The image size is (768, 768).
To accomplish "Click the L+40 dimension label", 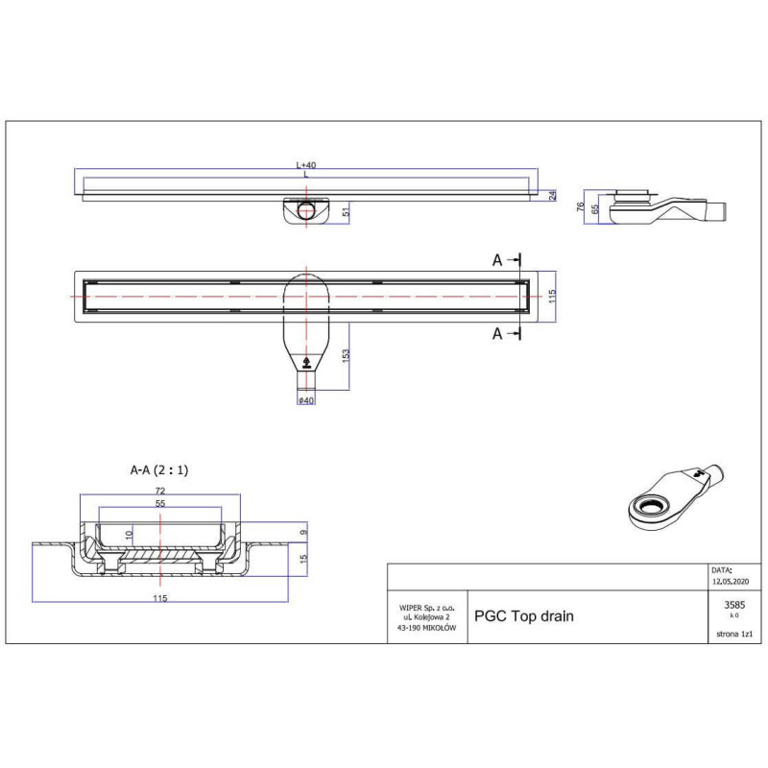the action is (306, 165).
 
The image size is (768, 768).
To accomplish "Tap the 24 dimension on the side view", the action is (553, 196).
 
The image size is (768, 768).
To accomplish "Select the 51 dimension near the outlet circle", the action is (347, 212).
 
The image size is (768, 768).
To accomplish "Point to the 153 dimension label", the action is (346, 355).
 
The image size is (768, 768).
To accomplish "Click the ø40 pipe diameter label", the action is (306, 400).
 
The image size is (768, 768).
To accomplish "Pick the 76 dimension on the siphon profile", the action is (581, 205).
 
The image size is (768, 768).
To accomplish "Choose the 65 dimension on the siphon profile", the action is (595, 209).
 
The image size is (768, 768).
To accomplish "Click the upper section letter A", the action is (497, 260).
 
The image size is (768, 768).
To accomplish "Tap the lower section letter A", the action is (497, 333).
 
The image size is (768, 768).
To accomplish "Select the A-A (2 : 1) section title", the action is (159, 470).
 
